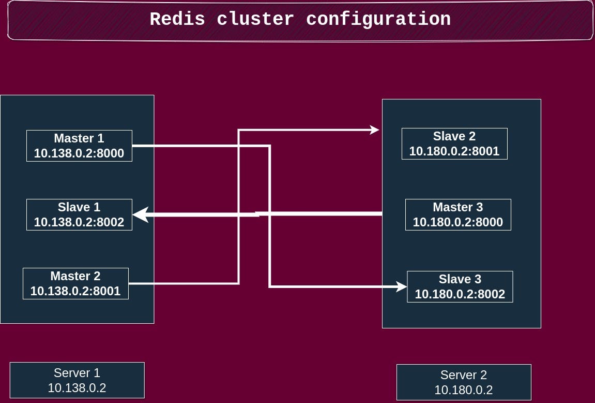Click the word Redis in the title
click(177, 19)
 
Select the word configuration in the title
click(378, 19)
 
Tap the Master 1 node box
click(79, 146)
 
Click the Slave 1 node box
click(79, 214)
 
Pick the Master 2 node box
click(75, 283)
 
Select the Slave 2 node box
click(454, 143)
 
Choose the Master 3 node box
click(458, 214)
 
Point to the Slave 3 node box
click(460, 286)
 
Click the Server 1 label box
click(77, 380)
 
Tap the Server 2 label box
click(464, 382)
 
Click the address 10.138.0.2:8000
click(79, 153)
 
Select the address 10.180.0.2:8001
click(454, 151)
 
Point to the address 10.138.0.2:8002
click(79, 222)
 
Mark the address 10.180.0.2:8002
click(460, 294)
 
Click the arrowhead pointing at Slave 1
click(140, 214)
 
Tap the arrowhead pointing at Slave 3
click(402, 286)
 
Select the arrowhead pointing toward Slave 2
click(375, 130)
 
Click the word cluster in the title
click(255, 19)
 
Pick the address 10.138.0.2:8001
click(75, 291)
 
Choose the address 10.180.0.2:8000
click(458, 222)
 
